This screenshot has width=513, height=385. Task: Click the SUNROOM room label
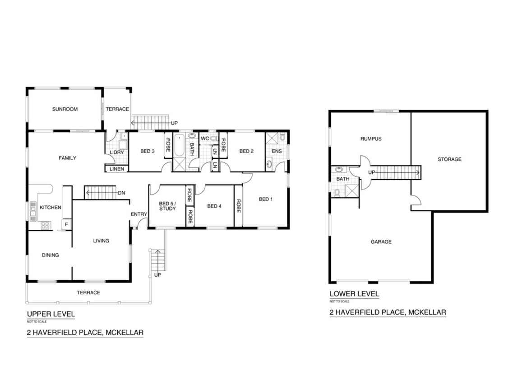[65, 109]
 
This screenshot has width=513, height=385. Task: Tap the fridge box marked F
[66, 224]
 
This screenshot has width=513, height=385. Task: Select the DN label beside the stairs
[121, 193]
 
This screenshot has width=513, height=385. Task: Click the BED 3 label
[147, 151]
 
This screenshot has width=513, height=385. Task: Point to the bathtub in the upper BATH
[179, 145]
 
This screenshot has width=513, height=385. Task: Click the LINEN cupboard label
[117, 169]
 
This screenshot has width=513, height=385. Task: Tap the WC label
[205, 139]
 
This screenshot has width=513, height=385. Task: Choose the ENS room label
[277, 151]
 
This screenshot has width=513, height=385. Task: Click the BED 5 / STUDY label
[167, 206]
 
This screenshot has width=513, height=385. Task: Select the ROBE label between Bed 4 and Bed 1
[239, 206]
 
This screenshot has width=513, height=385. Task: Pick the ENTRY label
[139, 214]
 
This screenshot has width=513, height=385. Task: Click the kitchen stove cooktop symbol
[45, 225]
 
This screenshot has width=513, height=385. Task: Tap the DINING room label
[51, 255]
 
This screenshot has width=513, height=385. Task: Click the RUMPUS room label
[371, 139]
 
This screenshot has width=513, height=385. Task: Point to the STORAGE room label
[449, 159]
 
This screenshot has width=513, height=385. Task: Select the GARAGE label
[381, 241]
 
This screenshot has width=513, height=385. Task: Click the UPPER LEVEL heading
[51, 314]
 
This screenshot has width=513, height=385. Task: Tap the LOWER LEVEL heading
[354, 294]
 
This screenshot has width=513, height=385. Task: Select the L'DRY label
[116, 152]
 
